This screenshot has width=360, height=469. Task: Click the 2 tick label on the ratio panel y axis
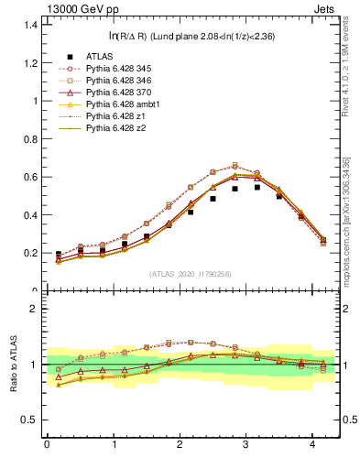pos(35,309)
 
